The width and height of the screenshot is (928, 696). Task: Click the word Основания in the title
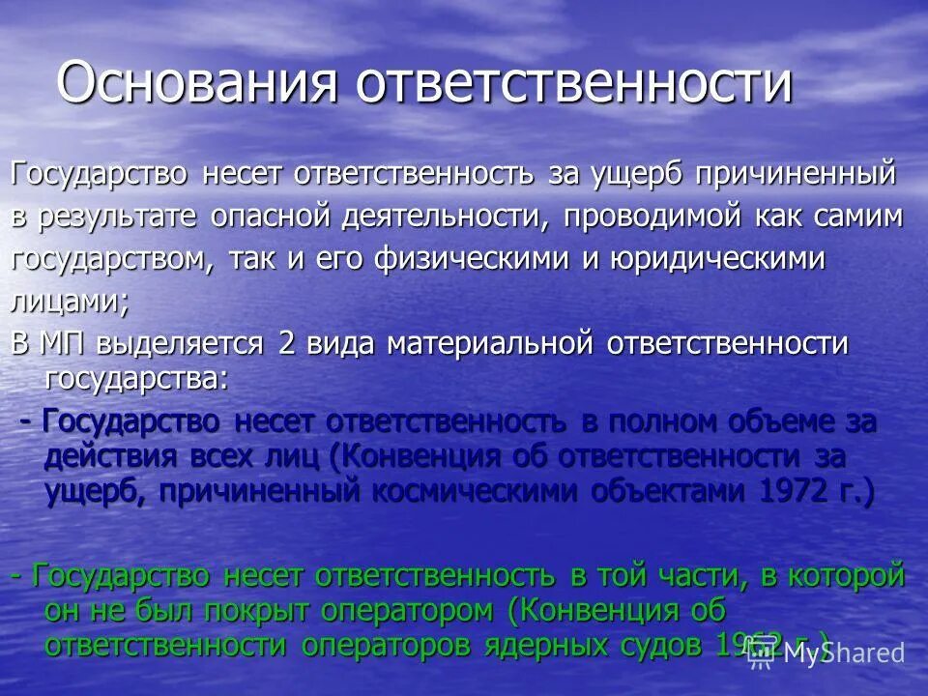(x=198, y=82)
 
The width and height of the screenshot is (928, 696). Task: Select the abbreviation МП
(x=69, y=344)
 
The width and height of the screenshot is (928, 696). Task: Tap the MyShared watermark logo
(x=831, y=652)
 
